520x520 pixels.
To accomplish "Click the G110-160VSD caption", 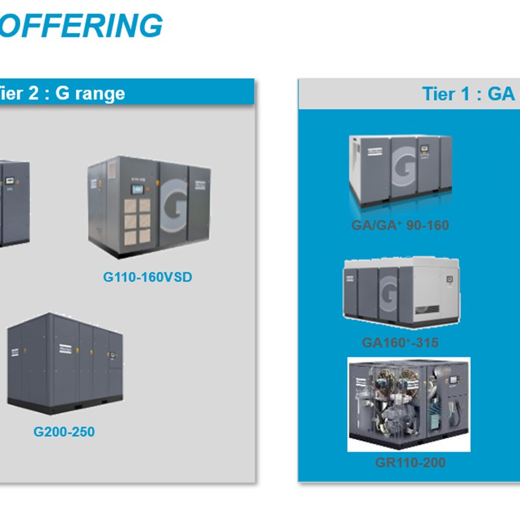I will click(148, 277).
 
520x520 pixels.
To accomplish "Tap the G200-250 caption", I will click(64, 431).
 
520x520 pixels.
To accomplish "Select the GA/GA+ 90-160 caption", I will click(400, 226).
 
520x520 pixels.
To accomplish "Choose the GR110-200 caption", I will click(410, 462).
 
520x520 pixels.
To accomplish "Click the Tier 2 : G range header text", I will click(62, 93).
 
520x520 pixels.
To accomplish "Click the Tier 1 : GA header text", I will click(468, 93).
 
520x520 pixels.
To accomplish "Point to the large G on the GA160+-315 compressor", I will click(389, 294).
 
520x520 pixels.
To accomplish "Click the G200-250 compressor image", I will click(64, 364).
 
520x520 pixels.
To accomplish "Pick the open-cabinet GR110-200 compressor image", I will click(409, 404).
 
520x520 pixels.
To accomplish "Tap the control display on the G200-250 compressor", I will click(112, 355).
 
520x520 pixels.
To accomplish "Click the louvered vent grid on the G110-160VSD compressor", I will click(138, 221).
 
